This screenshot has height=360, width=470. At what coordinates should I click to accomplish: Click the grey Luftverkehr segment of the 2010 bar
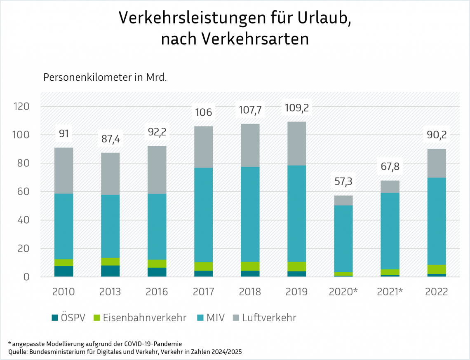pyautogui.click(x=63, y=171)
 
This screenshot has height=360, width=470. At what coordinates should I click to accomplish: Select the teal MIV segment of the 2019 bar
pyautogui.click(x=296, y=213)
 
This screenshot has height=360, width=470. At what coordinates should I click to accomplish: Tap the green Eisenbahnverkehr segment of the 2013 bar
pyautogui.click(x=110, y=262)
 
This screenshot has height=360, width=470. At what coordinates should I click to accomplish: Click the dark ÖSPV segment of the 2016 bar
pyautogui.click(x=157, y=272)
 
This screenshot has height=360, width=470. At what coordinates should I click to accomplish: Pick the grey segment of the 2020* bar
pyautogui.click(x=343, y=200)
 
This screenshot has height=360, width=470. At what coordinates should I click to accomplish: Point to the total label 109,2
pyautogui.click(x=296, y=108)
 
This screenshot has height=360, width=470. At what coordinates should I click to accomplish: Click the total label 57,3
pyautogui.click(x=343, y=182)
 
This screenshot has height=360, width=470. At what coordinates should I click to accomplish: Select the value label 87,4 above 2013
pyautogui.click(x=110, y=139)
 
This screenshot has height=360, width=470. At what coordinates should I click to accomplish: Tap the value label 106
pyautogui.click(x=203, y=112)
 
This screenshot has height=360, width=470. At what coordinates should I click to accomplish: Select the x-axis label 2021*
pyautogui.click(x=390, y=292)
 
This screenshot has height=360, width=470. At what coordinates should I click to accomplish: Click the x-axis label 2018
pyautogui.click(x=250, y=292)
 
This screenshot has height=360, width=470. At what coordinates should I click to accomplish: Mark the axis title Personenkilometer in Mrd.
pyautogui.click(x=105, y=77)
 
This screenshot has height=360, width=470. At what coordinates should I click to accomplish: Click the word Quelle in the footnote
pyautogui.click(x=18, y=352)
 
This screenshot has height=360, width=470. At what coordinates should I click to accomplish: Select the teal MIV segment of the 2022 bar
pyautogui.click(x=436, y=221)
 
